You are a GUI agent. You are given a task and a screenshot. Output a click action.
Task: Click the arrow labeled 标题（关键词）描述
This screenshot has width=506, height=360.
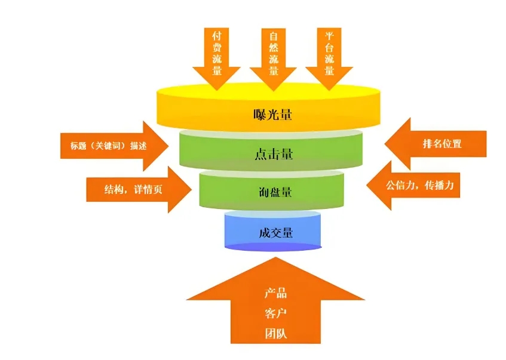click(108, 145)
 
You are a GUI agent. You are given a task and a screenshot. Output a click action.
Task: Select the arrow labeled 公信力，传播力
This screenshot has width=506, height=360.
click(418, 185)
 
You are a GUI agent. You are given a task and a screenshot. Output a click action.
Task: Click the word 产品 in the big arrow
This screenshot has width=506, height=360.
click(275, 293)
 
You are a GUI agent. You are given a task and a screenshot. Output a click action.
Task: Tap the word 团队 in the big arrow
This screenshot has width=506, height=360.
click(275, 333)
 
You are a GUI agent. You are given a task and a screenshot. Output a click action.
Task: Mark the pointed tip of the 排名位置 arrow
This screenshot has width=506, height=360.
click(385, 143)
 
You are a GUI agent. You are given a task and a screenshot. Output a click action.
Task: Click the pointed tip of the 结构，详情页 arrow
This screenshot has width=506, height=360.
click(191, 189)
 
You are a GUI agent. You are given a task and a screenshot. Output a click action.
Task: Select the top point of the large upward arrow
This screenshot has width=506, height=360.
click(275, 257)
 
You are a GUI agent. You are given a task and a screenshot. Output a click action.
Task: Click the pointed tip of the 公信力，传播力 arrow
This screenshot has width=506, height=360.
click(366, 185)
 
